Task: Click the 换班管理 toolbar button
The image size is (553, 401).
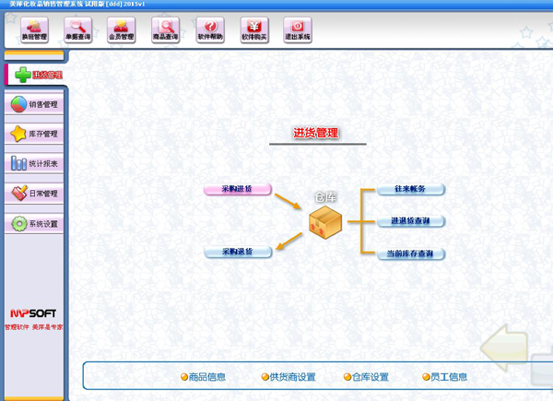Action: pos(34,30)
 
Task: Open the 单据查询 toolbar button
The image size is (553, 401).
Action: pos(78,30)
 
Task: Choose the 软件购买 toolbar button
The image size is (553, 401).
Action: pos(254,30)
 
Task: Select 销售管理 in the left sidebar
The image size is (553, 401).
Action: pos(34,104)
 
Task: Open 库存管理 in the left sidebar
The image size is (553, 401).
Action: pos(34,134)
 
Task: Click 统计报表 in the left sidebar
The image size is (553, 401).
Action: pos(34,164)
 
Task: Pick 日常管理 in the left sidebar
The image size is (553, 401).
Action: pos(34,194)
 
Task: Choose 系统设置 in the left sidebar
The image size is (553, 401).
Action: pos(34,224)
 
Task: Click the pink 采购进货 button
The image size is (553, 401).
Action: pos(238,189)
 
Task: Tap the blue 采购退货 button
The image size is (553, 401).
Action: pos(238,251)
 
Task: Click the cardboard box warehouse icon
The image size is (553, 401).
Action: pos(325,223)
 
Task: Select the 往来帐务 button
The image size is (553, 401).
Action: pos(411,189)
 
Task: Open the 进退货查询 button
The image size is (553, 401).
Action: pos(411,221)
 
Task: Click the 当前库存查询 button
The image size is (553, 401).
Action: pos(411,254)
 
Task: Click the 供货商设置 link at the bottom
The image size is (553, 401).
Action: pos(288,376)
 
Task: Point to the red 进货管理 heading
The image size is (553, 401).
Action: pos(316,134)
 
